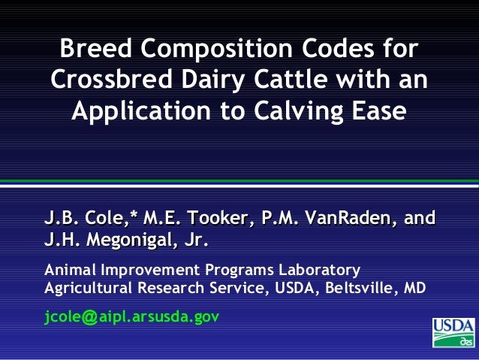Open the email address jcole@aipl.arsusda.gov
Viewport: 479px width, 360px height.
(132, 316)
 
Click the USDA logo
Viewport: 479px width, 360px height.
(453, 332)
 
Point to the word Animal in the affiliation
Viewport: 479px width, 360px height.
(68, 269)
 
